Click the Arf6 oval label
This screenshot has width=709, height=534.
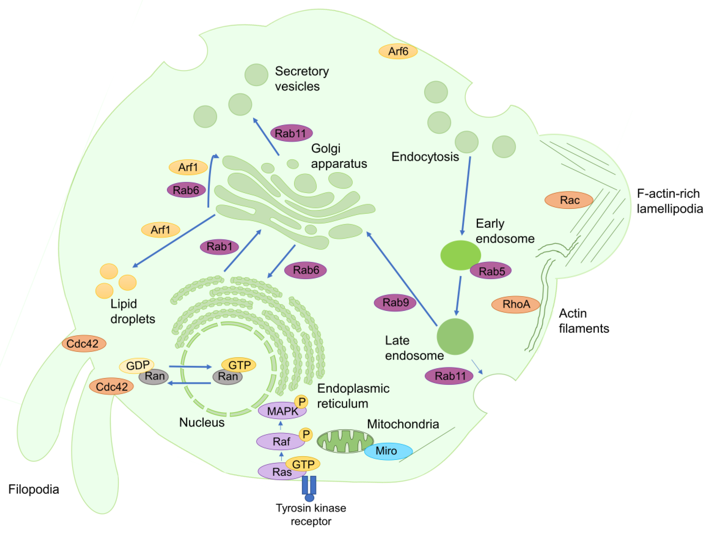click(x=398, y=51)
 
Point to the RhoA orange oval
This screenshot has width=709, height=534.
click(x=516, y=304)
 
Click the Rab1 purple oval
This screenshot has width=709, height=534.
click(x=219, y=247)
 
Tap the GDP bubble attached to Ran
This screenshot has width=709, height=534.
click(x=137, y=365)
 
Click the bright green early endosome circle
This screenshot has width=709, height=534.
click(x=460, y=255)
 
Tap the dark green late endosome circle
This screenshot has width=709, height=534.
click(x=455, y=336)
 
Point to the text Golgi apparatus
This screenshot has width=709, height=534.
click(x=338, y=156)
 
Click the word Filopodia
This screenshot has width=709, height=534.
click(x=34, y=489)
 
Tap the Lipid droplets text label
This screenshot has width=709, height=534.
click(x=132, y=311)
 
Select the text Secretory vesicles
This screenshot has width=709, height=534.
click(x=301, y=79)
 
